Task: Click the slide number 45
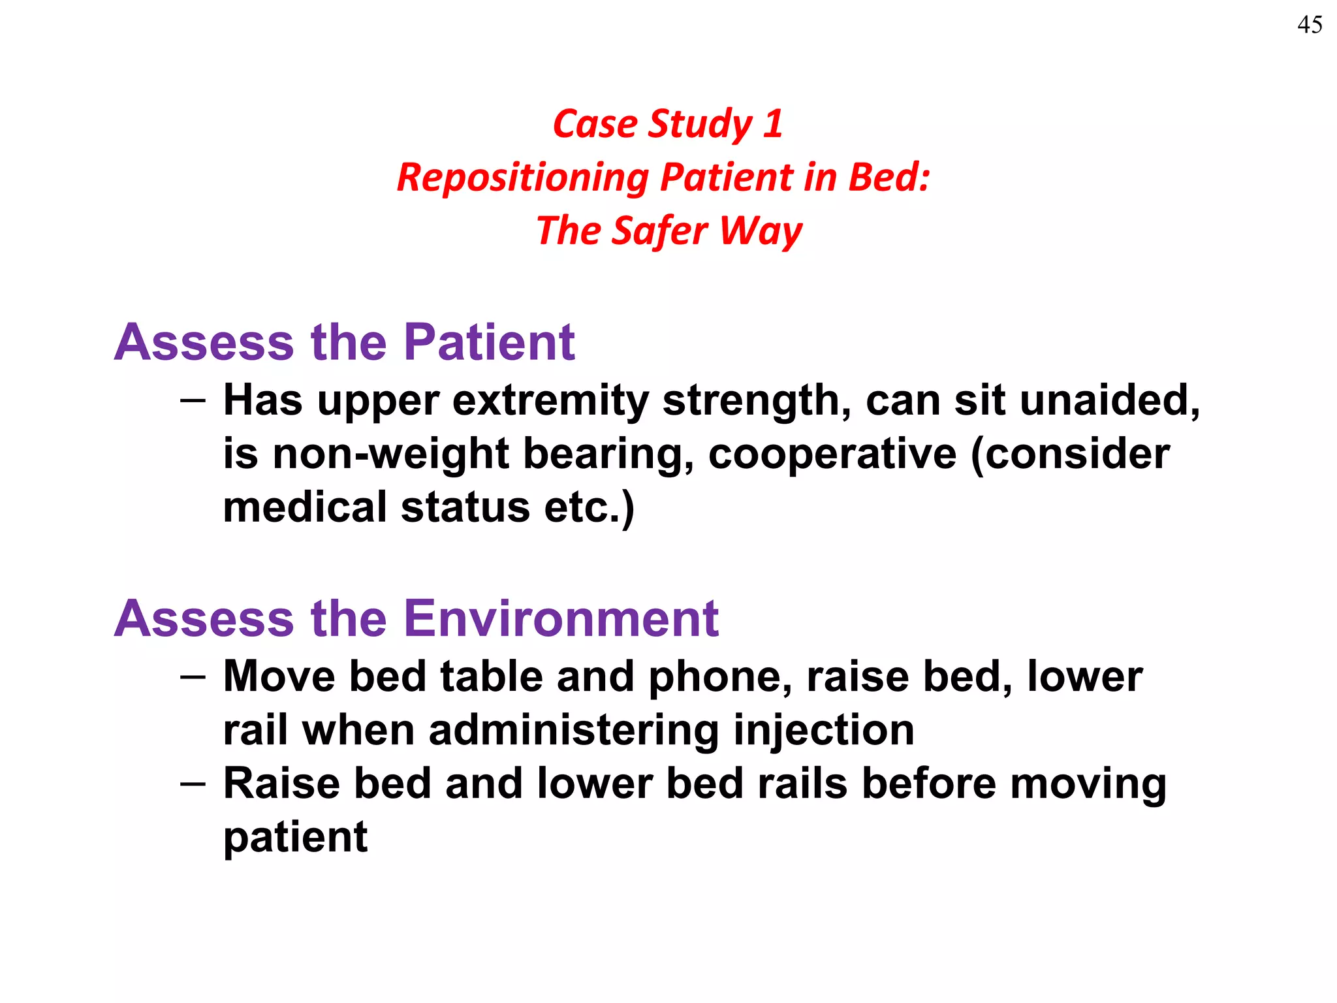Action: click(1310, 25)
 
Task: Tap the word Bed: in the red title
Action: click(889, 177)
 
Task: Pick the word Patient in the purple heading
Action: click(489, 342)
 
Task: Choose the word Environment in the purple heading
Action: click(561, 618)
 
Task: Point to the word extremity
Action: click(550, 401)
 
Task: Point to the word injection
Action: click(824, 731)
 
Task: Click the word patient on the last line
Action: click(295, 838)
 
